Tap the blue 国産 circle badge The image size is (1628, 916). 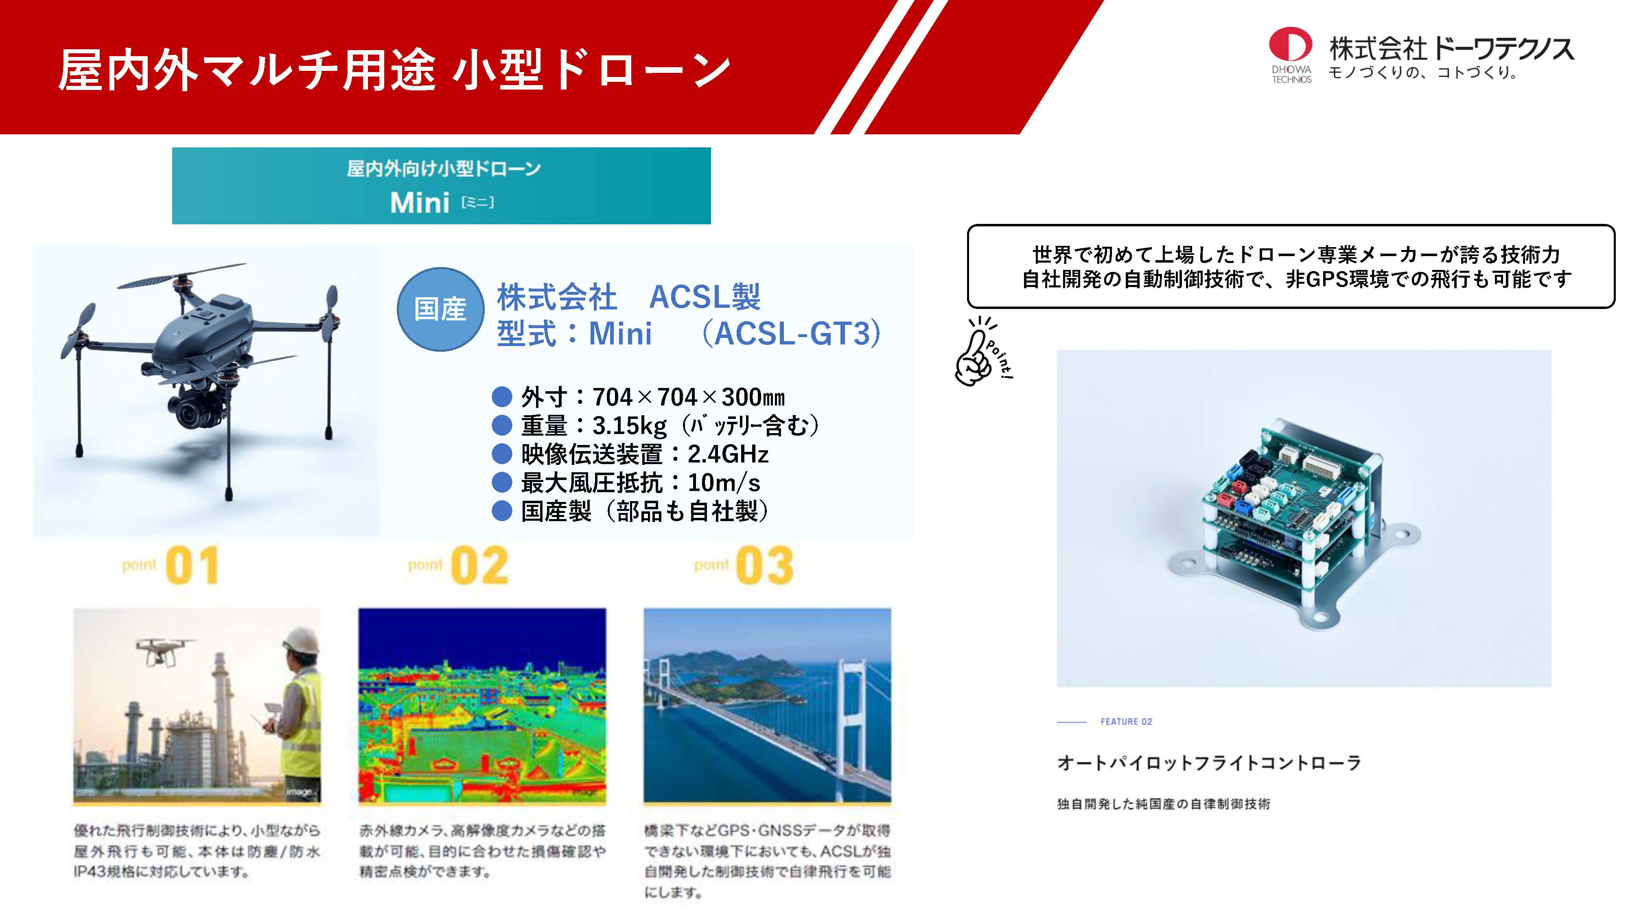(440, 309)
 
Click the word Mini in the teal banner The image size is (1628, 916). (420, 203)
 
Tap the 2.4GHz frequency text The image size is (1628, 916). (728, 454)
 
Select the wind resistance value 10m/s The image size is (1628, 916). (724, 482)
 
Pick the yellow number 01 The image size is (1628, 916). (192, 566)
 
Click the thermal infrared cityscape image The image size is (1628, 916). (482, 705)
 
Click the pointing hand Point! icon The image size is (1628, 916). (983, 351)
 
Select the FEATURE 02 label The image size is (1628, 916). (1126, 721)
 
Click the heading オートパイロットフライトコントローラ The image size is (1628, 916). (1209, 763)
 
